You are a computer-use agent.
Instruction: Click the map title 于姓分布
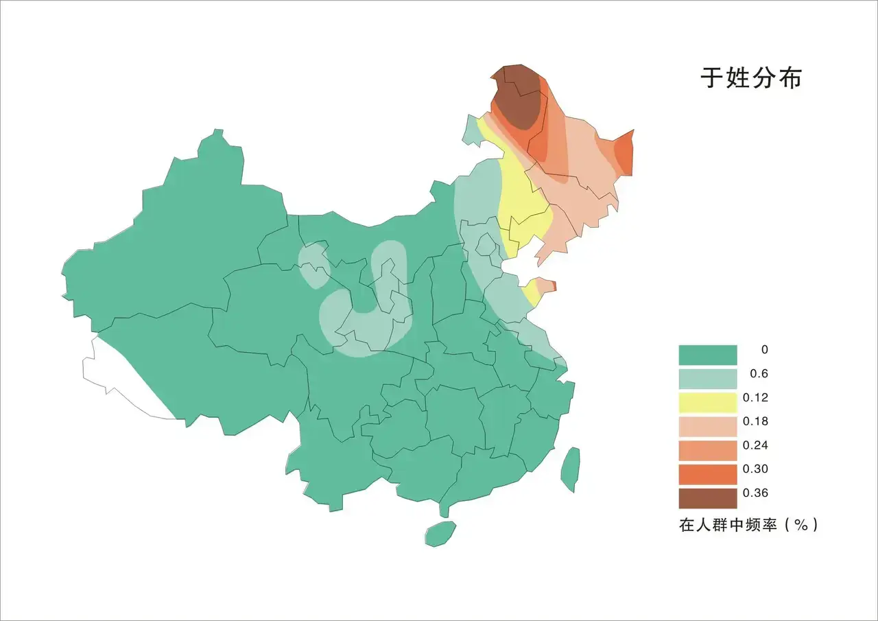coord(750,78)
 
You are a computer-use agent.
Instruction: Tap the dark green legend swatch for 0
coord(707,355)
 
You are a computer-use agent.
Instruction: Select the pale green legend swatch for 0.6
coord(707,379)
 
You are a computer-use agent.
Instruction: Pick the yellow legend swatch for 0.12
coord(707,403)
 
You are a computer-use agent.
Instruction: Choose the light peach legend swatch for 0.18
coord(707,427)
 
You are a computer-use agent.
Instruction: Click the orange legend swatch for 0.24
coord(707,451)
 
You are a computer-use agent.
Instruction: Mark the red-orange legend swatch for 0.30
coord(707,474)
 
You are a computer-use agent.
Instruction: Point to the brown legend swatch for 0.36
coord(707,498)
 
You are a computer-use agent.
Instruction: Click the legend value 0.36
coord(755,493)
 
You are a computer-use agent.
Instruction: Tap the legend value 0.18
coord(755,421)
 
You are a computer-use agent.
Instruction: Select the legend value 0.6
coord(759,373)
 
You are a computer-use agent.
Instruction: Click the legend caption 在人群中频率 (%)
coord(748,526)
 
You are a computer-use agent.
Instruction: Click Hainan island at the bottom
coord(440,532)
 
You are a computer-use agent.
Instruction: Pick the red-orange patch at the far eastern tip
coord(624,152)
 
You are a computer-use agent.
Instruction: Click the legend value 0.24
coord(755,445)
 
